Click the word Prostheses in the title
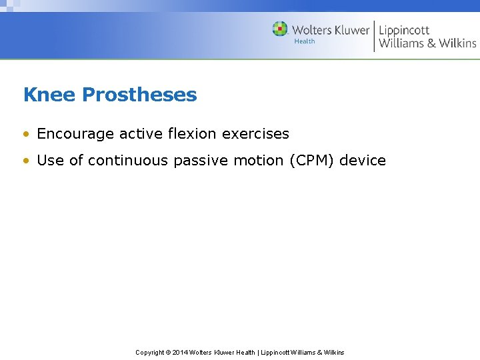(139, 95)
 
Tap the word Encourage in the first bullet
(76, 134)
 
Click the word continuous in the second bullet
(129, 161)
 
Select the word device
(363, 161)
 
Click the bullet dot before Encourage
(26, 135)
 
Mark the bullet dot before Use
(26, 161)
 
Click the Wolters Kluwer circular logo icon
(280, 29)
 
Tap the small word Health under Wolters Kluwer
(305, 41)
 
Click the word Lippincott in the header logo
(405, 30)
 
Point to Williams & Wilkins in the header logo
(427, 43)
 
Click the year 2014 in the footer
(179, 352)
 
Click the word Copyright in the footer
(149, 352)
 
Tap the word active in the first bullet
(139, 134)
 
